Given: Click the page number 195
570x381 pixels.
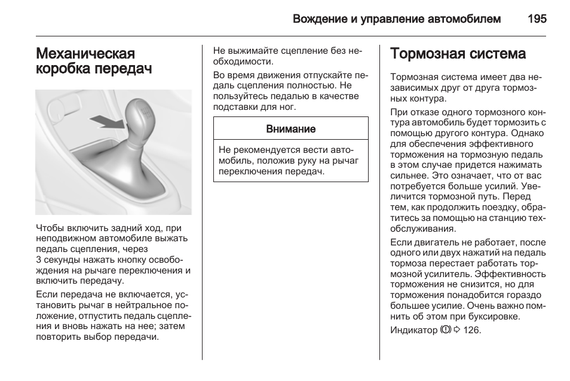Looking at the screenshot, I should [537, 19].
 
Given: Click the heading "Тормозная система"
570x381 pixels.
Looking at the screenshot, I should [458, 54].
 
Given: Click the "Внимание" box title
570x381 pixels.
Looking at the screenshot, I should [291, 129].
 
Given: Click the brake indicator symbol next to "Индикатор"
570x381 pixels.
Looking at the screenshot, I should [445, 330].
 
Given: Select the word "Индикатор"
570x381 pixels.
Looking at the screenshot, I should [413, 330].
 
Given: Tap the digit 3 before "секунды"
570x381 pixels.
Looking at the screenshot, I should [39, 260].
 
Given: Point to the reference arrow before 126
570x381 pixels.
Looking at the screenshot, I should [457, 330].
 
